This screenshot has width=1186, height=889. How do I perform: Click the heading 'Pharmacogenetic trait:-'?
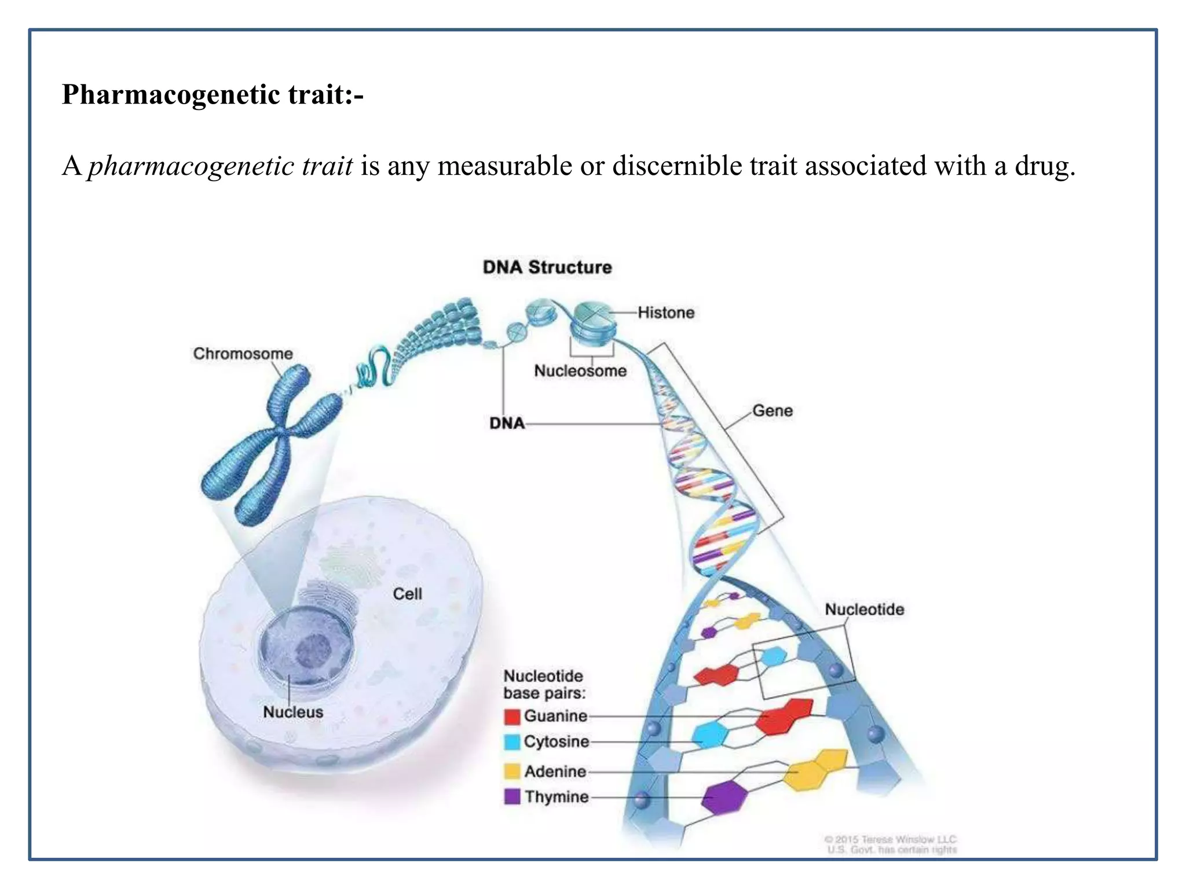coord(213,94)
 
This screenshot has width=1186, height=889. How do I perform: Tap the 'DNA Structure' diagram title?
coord(547,267)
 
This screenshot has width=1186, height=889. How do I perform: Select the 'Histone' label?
coord(666,313)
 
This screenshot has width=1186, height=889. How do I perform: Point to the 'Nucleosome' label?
coord(580,371)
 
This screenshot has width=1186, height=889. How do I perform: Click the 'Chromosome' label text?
coord(243,354)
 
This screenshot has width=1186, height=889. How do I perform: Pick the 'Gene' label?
coord(772,411)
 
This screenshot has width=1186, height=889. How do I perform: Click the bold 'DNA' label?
coord(507,424)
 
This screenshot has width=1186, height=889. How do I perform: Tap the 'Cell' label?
coord(407,594)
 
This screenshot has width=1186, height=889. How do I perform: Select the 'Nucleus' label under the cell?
coord(293,712)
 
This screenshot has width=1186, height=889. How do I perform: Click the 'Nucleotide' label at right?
coord(864,609)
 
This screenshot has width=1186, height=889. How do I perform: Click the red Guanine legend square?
coord(512,717)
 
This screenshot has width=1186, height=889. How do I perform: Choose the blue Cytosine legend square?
coord(512,742)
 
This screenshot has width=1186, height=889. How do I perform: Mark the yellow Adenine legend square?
coord(512,772)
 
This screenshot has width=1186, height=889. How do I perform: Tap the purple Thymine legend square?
coord(512,797)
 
